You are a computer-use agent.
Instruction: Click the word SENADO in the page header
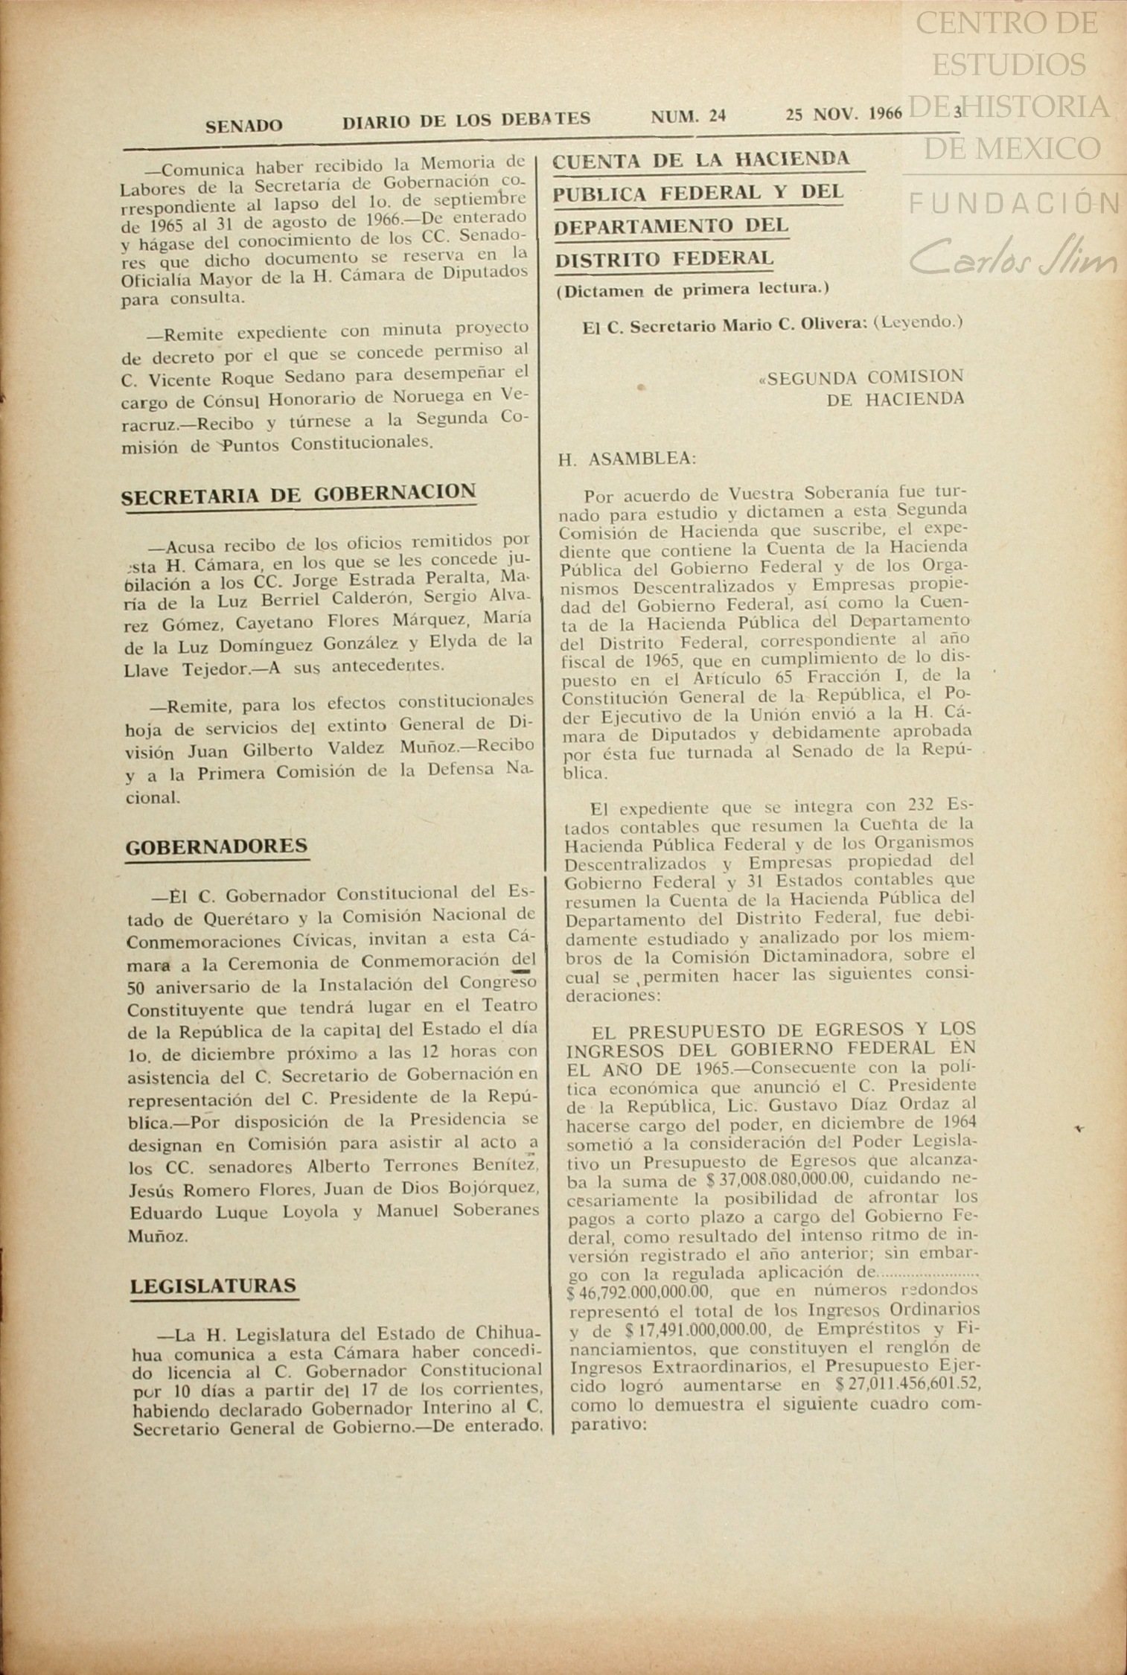pos(244,126)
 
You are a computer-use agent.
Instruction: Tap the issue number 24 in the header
pos(718,116)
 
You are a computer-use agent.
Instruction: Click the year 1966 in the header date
pos(884,114)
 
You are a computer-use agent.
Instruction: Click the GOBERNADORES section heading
pos(217,846)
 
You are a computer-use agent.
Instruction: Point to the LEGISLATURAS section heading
pos(214,1286)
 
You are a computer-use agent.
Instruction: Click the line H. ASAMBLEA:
pos(627,459)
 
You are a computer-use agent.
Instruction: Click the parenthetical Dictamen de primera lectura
pos(692,290)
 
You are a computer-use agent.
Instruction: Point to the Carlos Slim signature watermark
pos(1013,257)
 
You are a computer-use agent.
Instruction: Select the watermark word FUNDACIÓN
pos(1013,202)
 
